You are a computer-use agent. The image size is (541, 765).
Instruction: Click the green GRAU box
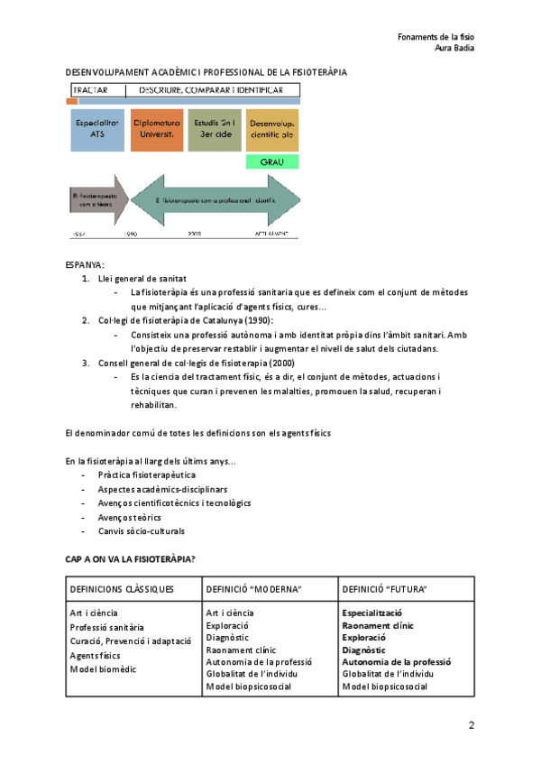point(271,162)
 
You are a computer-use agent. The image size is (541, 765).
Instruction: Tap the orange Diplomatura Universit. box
point(156,128)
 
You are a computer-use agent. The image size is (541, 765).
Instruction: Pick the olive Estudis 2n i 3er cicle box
point(215,128)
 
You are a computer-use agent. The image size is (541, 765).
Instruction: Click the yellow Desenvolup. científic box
point(271,128)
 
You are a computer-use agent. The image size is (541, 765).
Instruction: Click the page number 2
point(471,725)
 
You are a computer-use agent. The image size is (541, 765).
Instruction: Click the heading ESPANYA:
point(85,264)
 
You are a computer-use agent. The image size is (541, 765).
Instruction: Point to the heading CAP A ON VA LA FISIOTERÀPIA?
point(131,559)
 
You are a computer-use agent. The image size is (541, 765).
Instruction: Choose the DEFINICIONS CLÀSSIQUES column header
point(122,589)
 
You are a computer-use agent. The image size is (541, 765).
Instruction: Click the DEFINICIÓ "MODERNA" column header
point(253,589)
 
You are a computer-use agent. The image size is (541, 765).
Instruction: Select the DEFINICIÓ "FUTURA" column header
point(385,589)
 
